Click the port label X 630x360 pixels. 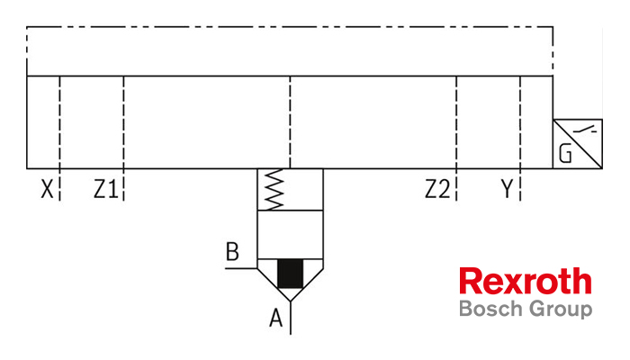click(47, 189)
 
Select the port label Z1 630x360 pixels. click(106, 189)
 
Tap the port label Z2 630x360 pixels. click(437, 189)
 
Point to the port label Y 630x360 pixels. click(507, 189)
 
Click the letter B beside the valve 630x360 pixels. click(232, 251)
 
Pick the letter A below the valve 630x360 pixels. click(276, 319)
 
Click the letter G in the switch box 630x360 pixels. click(565, 154)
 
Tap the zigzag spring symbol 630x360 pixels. click(274, 189)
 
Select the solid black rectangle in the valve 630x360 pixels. click(290, 274)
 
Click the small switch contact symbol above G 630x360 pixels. click(585, 130)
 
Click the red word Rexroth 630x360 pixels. click(526, 281)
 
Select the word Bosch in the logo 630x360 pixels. click(491, 309)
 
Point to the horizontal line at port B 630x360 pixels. click(241, 268)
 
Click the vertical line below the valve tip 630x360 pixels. click(291, 318)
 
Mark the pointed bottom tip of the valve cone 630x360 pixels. click(291, 301)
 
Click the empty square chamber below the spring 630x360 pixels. click(290, 234)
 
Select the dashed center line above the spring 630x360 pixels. click(290, 122)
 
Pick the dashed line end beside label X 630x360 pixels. click(60, 200)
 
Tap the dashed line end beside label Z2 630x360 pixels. click(456, 200)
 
